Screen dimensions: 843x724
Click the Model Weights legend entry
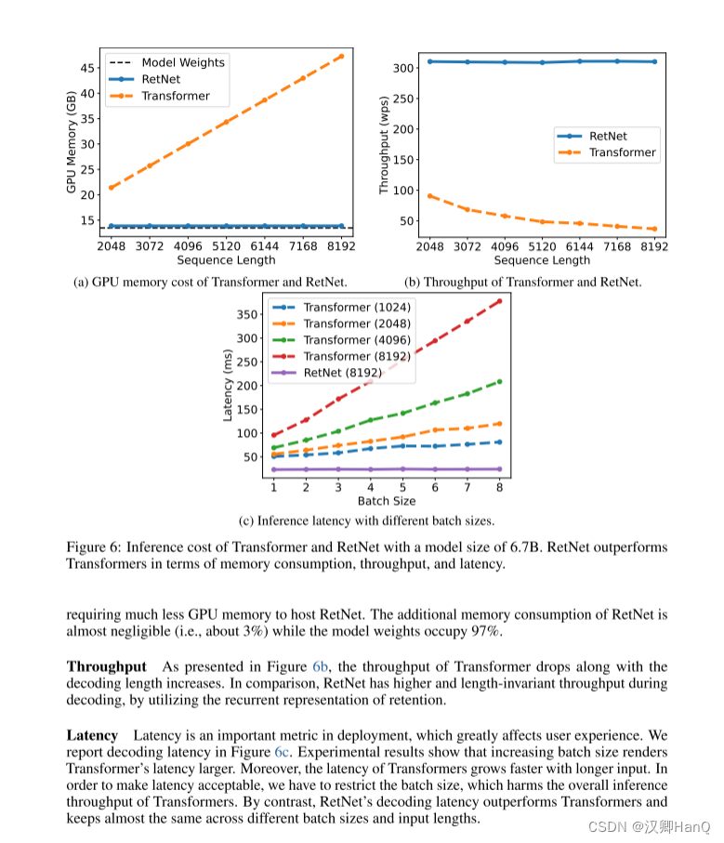182,63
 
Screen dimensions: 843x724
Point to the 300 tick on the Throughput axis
401,68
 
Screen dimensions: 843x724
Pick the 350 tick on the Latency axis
245,314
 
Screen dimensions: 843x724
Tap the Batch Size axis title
387,501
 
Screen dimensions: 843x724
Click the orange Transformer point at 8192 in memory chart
341,56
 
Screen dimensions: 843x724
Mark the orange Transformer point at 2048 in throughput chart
430,196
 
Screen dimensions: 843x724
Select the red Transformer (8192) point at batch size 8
500,301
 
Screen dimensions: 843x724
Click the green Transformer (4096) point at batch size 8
500,381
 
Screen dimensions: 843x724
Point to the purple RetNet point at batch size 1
273,469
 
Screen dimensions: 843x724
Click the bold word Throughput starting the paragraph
106,666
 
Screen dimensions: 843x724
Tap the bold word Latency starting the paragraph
92,735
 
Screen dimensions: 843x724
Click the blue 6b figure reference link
321,666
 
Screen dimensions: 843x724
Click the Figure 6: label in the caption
96,547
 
